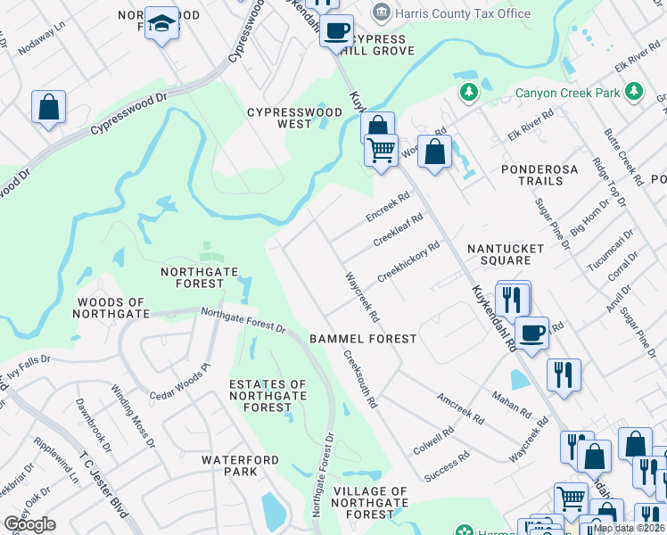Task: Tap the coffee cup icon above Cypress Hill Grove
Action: click(336, 30)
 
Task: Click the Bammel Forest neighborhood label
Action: click(363, 339)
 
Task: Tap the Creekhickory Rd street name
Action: click(408, 261)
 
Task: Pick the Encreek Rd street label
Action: click(387, 207)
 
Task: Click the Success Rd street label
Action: click(447, 467)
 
